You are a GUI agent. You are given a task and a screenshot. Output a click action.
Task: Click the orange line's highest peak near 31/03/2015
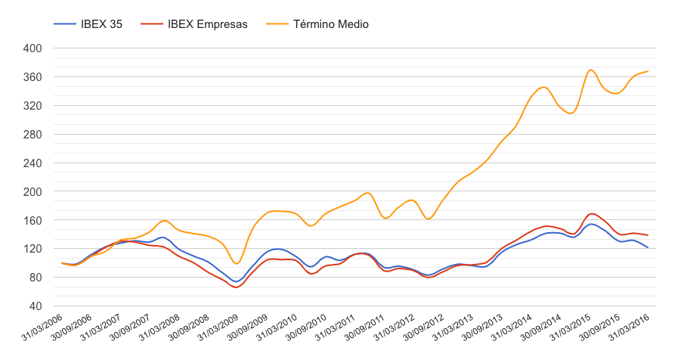[591, 70]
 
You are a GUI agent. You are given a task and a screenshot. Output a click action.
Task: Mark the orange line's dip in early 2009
[237, 263]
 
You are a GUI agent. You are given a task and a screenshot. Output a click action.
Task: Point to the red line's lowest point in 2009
[236, 287]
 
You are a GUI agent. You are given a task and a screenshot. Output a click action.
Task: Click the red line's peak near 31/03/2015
[592, 213]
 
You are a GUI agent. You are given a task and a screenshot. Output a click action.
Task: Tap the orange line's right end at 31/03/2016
[648, 71]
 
